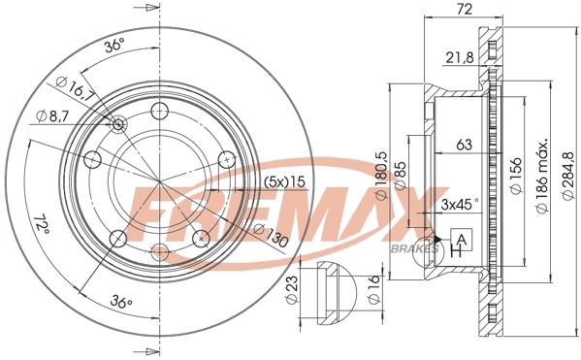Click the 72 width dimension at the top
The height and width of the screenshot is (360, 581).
(x=464, y=9)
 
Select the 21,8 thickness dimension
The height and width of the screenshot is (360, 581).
(x=460, y=57)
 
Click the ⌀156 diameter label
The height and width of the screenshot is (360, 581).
(x=516, y=175)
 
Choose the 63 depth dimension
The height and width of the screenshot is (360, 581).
(x=464, y=145)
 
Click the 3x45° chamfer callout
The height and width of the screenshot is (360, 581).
(x=460, y=205)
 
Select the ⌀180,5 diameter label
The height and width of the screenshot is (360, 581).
(x=381, y=176)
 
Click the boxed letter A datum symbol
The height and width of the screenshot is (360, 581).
(x=462, y=240)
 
